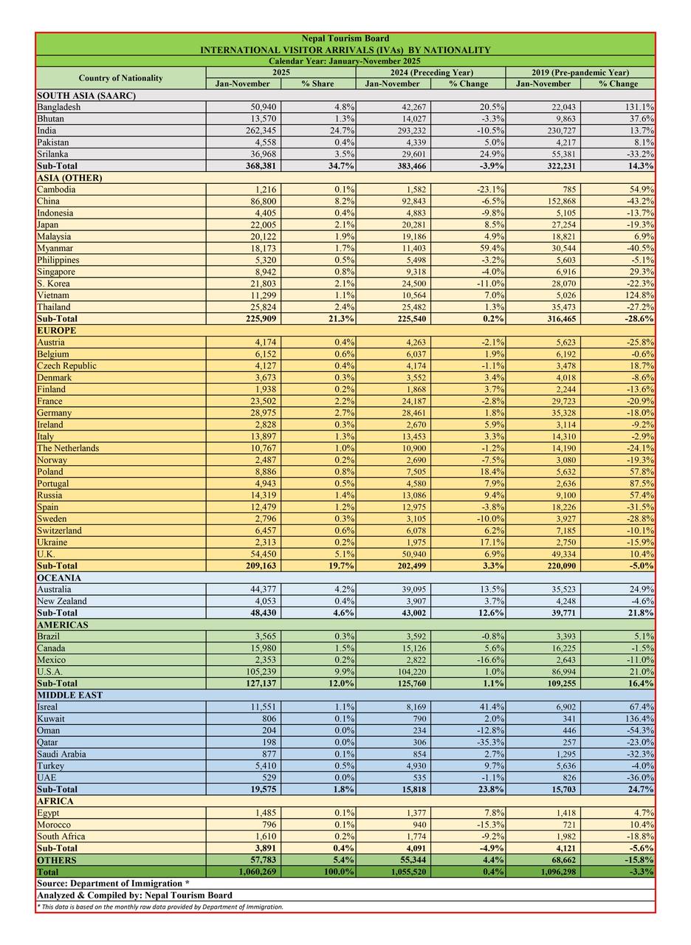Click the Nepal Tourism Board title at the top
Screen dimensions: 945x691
[x=345, y=38]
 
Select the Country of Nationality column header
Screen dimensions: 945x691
[x=120, y=78]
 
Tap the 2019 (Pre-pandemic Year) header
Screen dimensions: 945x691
[x=580, y=72]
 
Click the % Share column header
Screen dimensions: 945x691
[x=317, y=83]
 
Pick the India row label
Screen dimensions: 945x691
[x=48, y=131]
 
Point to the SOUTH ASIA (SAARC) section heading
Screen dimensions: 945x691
[x=86, y=95]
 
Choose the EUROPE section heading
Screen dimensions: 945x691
[x=56, y=331]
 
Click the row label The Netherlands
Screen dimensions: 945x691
[x=68, y=448]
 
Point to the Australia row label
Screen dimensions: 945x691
[x=55, y=589]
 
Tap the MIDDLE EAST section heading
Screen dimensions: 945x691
[x=69, y=695]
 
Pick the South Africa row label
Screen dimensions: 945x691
[x=61, y=836]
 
